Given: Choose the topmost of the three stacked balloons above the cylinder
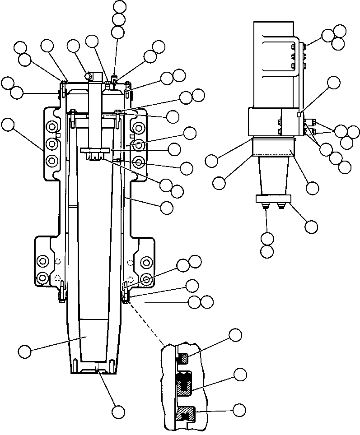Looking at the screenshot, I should tap(120, 6).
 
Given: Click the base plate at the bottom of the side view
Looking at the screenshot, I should tap(273, 199).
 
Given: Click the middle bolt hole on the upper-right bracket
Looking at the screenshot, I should tap(139, 145).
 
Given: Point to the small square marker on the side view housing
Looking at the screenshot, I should tap(299, 115).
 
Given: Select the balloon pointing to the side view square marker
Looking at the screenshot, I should tap(334, 82).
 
